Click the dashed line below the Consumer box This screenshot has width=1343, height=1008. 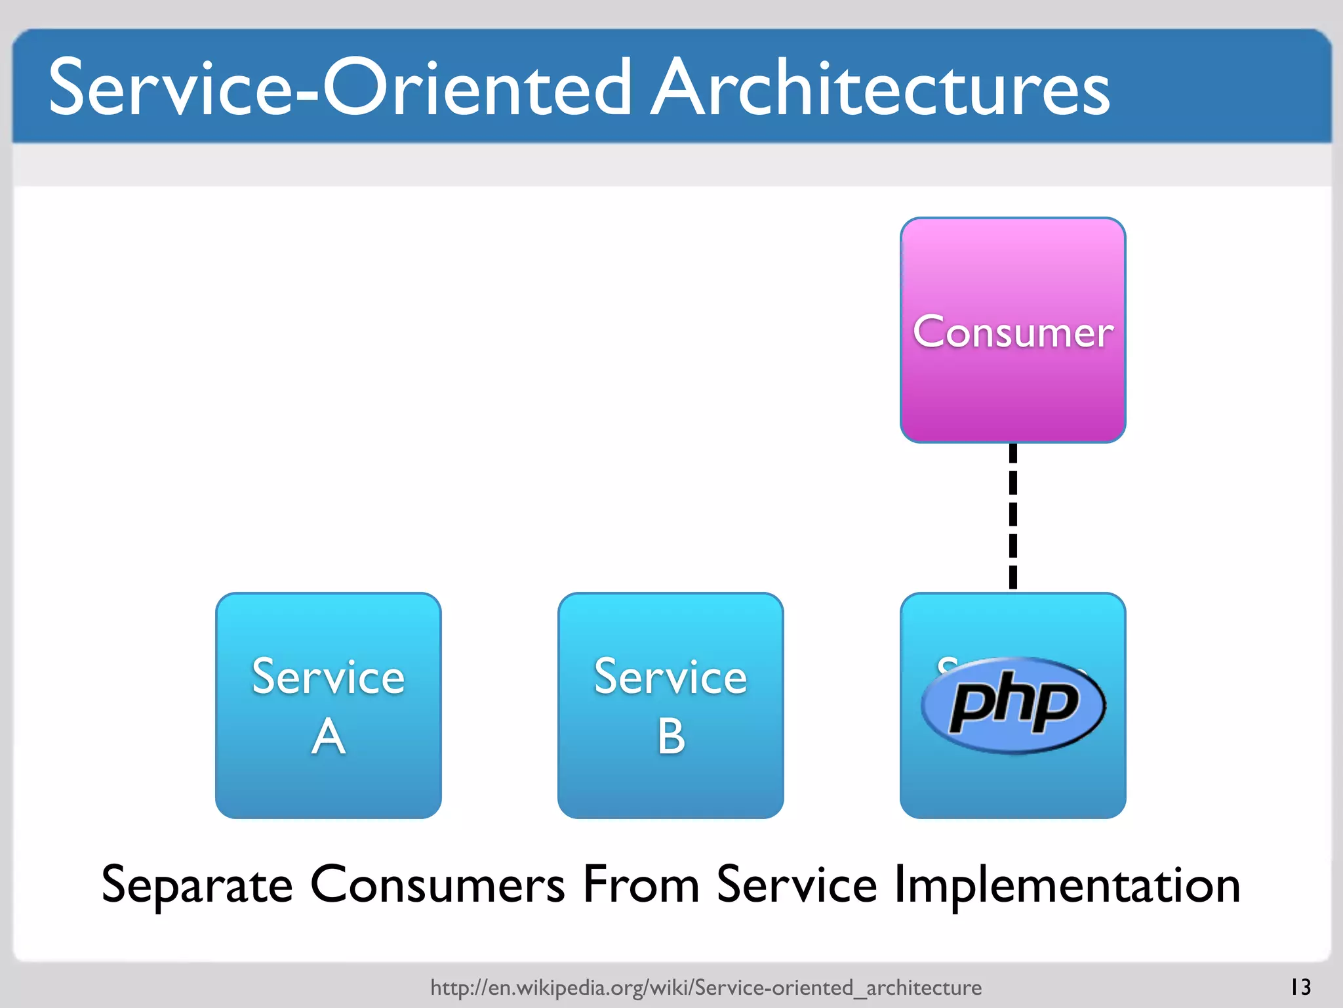[x=1013, y=517]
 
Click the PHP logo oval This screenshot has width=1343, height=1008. [x=1013, y=705]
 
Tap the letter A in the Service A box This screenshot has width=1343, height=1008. [x=328, y=736]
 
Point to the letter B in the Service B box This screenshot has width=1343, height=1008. [x=671, y=736]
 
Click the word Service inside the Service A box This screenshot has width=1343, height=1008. [x=328, y=677]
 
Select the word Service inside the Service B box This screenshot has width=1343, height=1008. [x=670, y=677]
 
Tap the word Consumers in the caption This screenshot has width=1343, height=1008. [x=437, y=885]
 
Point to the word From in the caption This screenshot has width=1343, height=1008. [x=641, y=885]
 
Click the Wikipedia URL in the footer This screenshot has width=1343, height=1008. [x=706, y=988]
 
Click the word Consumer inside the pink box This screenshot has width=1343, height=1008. [x=1012, y=332]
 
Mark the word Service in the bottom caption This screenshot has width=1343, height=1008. [x=796, y=885]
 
